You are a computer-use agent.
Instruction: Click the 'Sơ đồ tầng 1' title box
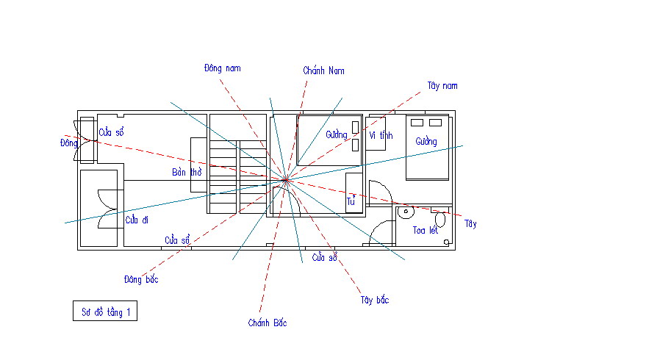[105, 311]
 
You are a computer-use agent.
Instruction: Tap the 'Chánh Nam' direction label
[323, 71]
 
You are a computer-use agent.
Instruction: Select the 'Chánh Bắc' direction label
[268, 323]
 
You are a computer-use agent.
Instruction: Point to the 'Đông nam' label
[222, 68]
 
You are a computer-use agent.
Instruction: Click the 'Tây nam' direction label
[442, 86]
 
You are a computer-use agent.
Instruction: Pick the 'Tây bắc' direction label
[374, 300]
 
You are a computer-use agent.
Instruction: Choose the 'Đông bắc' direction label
[141, 280]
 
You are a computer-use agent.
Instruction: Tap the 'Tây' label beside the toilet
[470, 223]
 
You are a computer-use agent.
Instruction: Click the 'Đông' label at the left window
[68, 143]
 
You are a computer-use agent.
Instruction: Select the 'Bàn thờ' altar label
[187, 173]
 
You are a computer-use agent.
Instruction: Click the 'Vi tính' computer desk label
[381, 135]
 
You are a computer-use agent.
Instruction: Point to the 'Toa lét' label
[426, 231]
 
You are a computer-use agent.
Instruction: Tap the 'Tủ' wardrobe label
[351, 201]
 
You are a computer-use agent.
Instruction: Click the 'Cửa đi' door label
[137, 220]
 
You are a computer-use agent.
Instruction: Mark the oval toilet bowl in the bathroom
[440, 220]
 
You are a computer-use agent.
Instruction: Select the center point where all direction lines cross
[286, 180]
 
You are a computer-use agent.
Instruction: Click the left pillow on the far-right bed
[417, 123]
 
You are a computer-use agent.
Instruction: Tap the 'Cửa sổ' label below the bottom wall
[324, 258]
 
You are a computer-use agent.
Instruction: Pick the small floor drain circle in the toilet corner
[446, 242]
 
